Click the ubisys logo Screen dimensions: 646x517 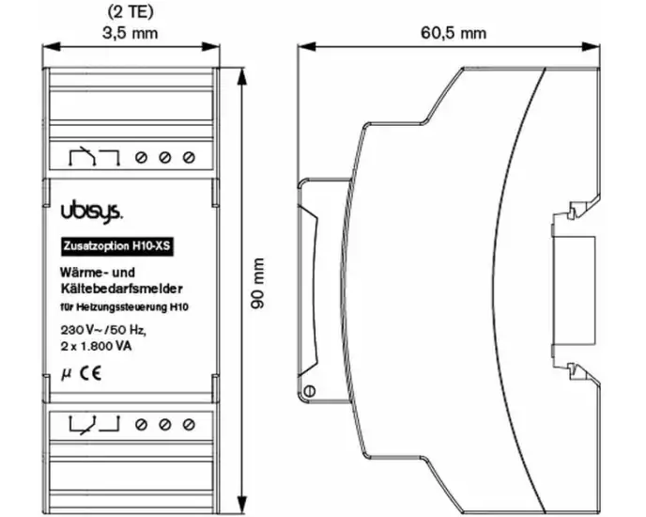[x=91, y=213]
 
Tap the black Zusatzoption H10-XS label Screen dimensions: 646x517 [x=116, y=246]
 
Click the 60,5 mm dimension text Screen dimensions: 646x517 [x=454, y=33]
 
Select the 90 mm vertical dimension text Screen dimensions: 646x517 [x=257, y=283]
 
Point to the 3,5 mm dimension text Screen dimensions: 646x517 [x=130, y=33]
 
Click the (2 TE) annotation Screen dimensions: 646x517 [x=131, y=11]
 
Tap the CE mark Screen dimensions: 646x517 [x=91, y=373]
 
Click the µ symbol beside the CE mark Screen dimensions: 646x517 [x=66, y=374]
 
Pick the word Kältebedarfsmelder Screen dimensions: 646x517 [x=121, y=289]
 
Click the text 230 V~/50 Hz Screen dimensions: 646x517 [x=103, y=330]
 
